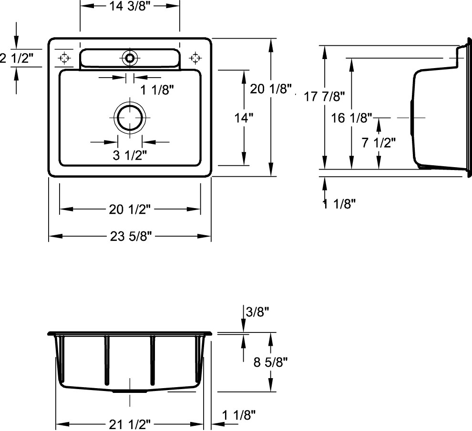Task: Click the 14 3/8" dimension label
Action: pos(129,6)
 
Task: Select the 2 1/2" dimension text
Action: pos(16,58)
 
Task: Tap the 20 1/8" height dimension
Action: pos(271,89)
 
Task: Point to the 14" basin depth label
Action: pos(244,118)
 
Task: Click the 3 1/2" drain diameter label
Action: pos(130,155)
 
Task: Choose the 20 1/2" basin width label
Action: pos(129,210)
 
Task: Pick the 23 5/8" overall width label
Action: pos(131,236)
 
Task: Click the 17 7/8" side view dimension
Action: pos(324,97)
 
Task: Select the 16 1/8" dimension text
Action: pos(351,118)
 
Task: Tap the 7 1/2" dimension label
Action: pos(379,142)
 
